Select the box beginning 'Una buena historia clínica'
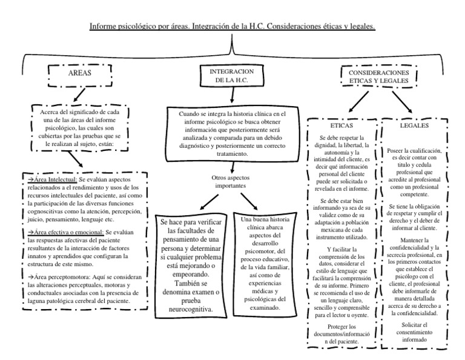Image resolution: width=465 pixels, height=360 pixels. pos(263,263)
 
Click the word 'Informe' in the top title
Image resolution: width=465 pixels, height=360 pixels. pos(104,27)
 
